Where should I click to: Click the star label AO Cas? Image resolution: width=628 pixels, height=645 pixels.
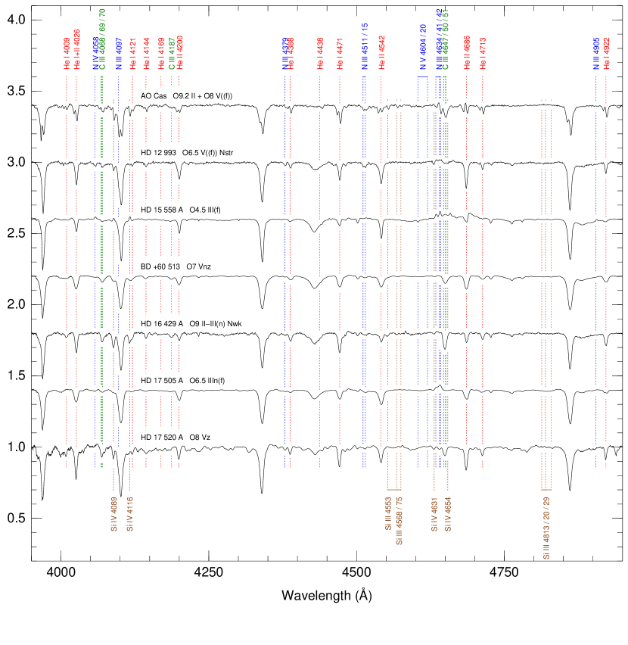click(154, 96)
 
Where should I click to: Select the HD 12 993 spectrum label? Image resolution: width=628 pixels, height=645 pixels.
click(158, 153)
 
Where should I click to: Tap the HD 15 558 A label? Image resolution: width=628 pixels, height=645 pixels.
click(160, 210)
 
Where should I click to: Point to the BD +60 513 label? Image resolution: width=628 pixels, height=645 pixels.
click(160, 266)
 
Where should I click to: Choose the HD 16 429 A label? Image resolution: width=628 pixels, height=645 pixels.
click(162, 324)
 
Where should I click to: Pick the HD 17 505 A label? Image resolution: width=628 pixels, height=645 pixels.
click(162, 380)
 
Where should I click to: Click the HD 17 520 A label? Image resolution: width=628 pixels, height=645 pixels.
click(162, 438)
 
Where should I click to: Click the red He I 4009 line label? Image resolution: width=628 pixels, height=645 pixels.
click(67, 53)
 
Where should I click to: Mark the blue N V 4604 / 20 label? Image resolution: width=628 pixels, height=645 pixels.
click(424, 47)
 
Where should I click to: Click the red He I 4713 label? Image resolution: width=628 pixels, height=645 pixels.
click(483, 53)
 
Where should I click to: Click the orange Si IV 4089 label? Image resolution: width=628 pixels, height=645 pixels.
click(113, 515)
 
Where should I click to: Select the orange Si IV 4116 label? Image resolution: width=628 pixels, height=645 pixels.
click(129, 515)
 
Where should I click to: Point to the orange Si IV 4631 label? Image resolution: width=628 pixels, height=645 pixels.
click(435, 515)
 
